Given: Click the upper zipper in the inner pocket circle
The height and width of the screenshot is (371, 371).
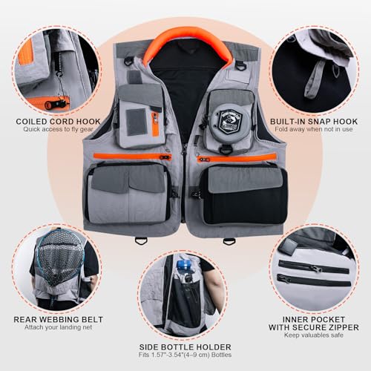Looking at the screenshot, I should [x=312, y=265].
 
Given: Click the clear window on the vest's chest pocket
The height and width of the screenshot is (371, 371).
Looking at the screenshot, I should [x=135, y=122].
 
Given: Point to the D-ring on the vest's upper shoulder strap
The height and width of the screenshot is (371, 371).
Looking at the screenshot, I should [x=238, y=73].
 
